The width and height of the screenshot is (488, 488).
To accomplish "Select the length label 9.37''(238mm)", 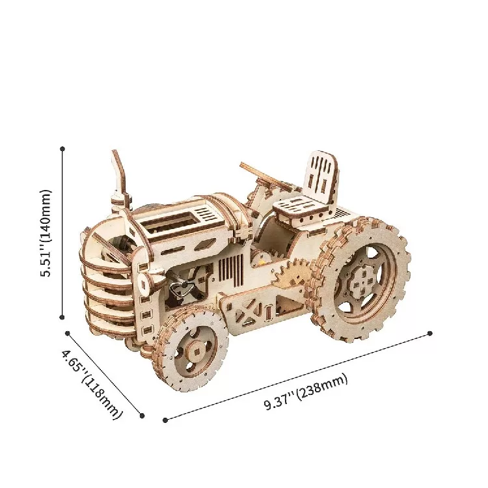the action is pyautogui.click(x=306, y=392).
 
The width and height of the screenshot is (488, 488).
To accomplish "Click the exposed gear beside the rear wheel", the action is pyautogui.click(x=291, y=273).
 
